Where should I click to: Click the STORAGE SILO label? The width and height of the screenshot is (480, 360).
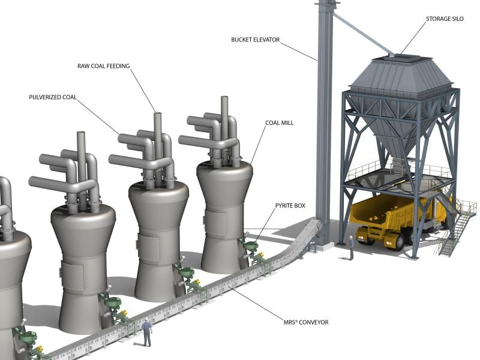click(445, 19)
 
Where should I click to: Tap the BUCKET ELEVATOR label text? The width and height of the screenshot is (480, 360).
click(256, 40)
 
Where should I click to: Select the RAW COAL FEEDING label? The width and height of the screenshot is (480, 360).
click(103, 66)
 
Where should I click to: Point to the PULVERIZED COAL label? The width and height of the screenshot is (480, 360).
click(53, 97)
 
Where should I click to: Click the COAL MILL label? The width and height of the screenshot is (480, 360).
click(279, 123)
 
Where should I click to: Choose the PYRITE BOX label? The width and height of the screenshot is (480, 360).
click(290, 206)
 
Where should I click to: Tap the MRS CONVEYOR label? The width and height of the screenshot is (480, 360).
click(306, 322)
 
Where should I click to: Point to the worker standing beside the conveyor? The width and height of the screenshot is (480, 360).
click(147, 332)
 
